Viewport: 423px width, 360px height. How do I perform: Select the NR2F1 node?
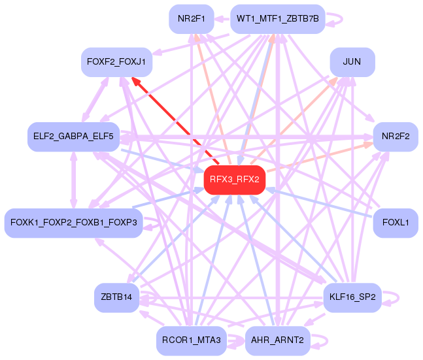[190, 19]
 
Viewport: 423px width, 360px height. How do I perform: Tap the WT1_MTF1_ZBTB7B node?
[278, 19]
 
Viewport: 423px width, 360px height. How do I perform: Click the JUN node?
[352, 62]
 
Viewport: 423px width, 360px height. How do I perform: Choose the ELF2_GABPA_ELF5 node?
[73, 137]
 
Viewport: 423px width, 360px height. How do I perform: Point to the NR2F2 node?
[395, 137]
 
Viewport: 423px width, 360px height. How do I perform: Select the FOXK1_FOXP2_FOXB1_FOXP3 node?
[73, 223]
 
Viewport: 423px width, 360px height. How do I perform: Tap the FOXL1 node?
[395, 223]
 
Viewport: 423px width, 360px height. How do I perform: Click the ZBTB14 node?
[116, 297]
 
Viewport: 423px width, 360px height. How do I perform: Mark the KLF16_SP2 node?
[352, 297]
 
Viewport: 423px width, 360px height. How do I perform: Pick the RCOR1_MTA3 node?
[190, 340]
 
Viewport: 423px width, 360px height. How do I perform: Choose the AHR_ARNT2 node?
[278, 340]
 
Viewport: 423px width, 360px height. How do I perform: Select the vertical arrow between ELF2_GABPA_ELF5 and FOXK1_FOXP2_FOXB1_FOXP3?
[73, 180]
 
